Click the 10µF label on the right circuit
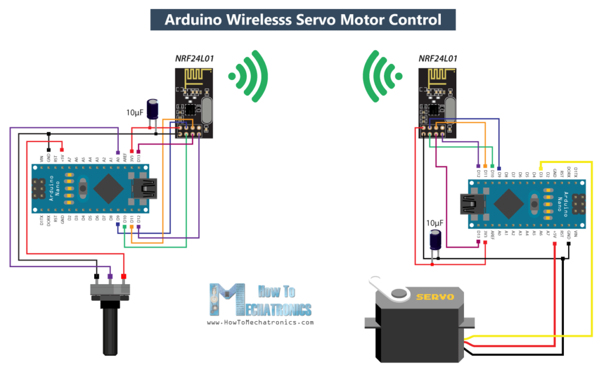(x=435, y=223)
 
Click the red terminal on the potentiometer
(x=124, y=277)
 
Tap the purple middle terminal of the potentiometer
(x=109, y=277)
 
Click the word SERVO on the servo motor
(x=435, y=296)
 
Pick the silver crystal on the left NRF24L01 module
(x=205, y=113)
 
